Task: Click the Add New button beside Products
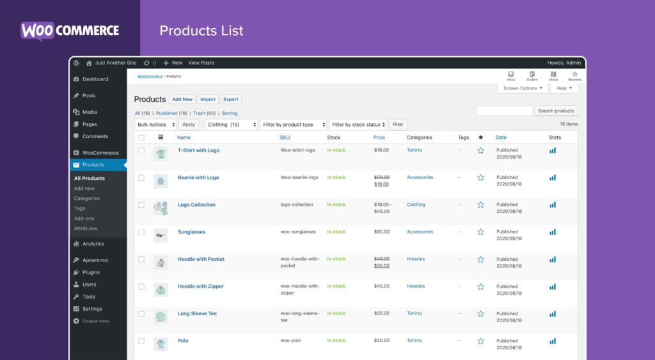(x=182, y=99)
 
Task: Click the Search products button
(x=556, y=111)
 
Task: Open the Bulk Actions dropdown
(x=155, y=125)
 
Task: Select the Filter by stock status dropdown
(x=358, y=125)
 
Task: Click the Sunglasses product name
(x=191, y=232)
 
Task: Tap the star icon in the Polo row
(x=480, y=341)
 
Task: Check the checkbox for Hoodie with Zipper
(x=141, y=286)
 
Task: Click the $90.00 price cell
(x=381, y=232)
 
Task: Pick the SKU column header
(x=285, y=137)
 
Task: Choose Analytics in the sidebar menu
(x=93, y=244)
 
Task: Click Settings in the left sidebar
(x=91, y=309)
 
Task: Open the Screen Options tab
(x=523, y=88)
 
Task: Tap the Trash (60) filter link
(x=204, y=113)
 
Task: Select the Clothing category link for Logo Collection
(x=416, y=205)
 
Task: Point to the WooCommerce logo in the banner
(x=70, y=31)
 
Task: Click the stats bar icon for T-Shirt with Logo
(x=553, y=151)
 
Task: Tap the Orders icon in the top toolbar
(x=532, y=75)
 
